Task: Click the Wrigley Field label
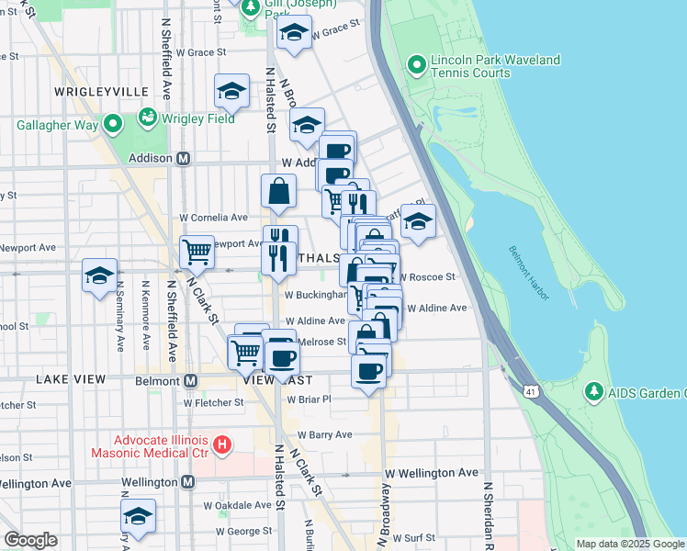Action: [199, 118]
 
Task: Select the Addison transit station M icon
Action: [184, 158]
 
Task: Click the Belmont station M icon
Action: [191, 380]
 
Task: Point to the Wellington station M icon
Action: [187, 481]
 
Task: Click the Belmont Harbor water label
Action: [528, 273]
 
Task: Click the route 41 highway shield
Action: [531, 392]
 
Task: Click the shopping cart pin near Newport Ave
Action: [197, 252]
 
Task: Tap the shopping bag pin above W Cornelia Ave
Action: [279, 192]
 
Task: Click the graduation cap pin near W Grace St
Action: [294, 35]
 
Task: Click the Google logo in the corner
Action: [30, 540]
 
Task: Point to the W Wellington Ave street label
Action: [432, 473]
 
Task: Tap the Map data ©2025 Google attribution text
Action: [629, 544]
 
